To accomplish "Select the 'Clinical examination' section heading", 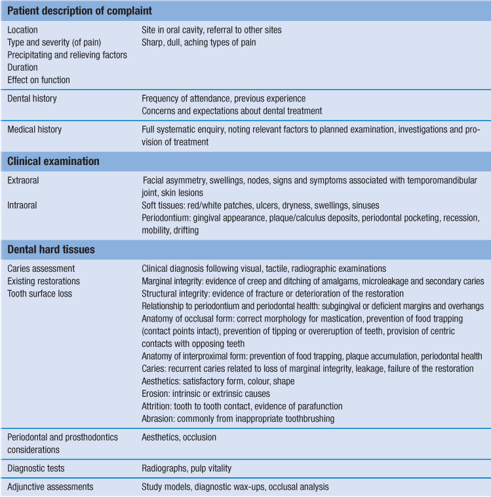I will click(54, 160).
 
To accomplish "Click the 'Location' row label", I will click(23, 30).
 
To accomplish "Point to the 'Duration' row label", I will click(23, 67).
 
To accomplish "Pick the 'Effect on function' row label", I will click(39, 80).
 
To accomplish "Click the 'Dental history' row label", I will click(32, 99).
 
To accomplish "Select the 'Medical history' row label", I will click(35, 130).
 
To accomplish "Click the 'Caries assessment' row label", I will click(41, 268).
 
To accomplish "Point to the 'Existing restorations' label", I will click(44, 281).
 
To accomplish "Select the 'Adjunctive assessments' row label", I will click(50, 487).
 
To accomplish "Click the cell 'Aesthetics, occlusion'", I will click(179, 437).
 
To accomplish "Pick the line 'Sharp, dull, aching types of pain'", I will click(199, 43).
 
